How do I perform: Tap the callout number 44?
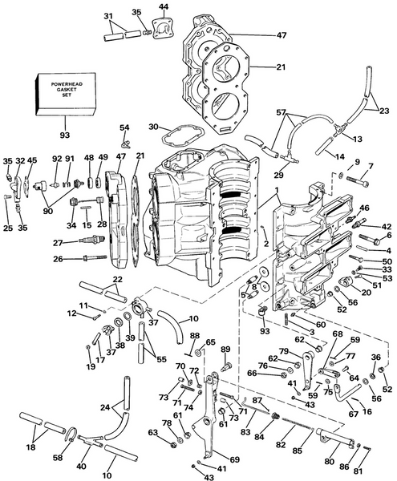coord(164,7)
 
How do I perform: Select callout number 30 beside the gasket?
coord(153,126)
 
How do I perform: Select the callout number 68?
coord(337,334)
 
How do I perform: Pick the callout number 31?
coord(109,15)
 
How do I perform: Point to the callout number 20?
coord(367,293)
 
